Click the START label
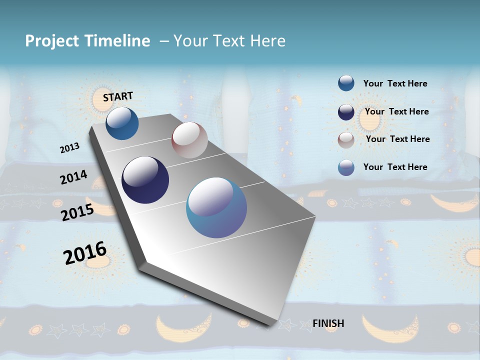(118, 96)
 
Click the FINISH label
(328, 323)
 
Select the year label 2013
(69, 148)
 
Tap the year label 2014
(73, 177)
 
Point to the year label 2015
(77, 212)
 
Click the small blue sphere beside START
(122, 123)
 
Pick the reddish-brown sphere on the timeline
(189, 140)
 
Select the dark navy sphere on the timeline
(145, 180)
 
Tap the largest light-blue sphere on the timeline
(216, 207)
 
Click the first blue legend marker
(346, 83)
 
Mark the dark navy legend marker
(346, 112)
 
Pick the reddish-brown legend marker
(346, 140)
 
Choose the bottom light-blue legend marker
(346, 167)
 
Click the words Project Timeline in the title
(87, 40)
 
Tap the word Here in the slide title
(267, 40)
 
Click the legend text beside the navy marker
(396, 111)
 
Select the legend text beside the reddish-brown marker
(397, 139)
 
